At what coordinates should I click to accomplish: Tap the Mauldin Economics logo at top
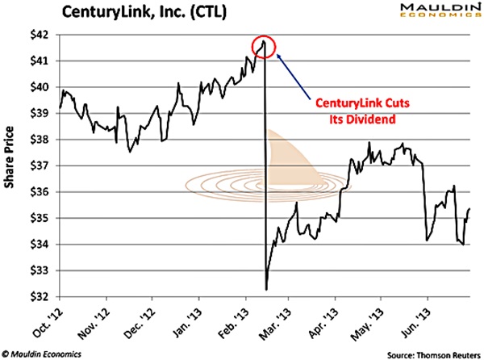[432, 13]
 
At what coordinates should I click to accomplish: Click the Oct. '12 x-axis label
[62, 319]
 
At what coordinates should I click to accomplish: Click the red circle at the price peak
[265, 46]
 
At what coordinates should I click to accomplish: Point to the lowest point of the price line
[266, 288]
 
